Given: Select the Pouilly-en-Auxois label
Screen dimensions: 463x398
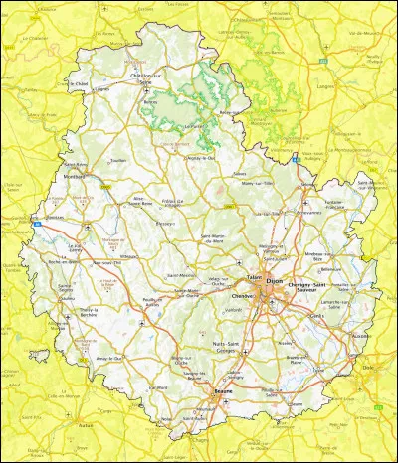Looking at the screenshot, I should point(155,302).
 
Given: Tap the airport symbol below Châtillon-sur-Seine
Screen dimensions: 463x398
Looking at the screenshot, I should point(149,95).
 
